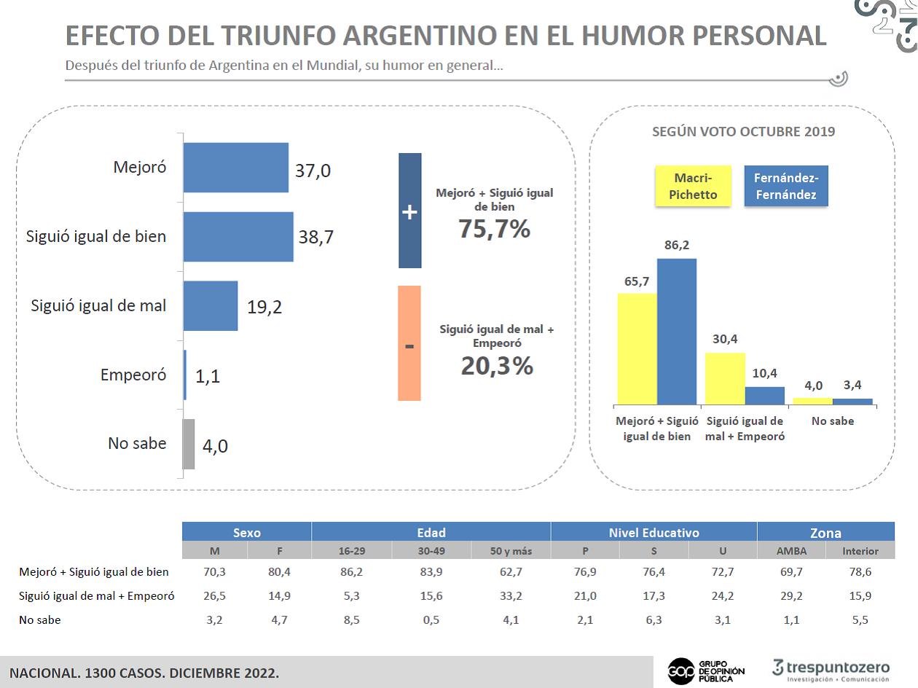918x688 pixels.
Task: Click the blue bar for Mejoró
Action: click(236, 168)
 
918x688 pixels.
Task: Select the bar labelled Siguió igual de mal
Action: click(211, 305)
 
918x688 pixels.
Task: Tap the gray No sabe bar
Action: click(189, 444)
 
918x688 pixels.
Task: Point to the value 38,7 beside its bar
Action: click(315, 237)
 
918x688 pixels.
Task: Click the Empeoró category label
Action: click(133, 375)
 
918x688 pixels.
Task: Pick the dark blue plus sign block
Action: click(410, 211)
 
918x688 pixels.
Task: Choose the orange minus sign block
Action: click(409, 343)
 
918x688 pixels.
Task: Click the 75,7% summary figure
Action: click(495, 229)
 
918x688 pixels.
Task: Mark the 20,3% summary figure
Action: click(497, 366)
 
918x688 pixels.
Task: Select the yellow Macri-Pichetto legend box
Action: click(693, 186)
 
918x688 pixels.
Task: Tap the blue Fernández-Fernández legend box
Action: click(786, 186)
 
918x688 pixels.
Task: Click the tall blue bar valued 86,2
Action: click(677, 332)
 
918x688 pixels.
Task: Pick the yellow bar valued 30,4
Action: click(725, 379)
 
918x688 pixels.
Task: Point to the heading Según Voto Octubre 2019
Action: click(743, 132)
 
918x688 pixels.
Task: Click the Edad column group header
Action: click(431, 532)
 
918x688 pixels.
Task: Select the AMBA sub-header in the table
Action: click(791, 551)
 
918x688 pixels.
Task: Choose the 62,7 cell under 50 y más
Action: click(511, 571)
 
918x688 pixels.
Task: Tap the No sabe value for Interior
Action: click(860, 619)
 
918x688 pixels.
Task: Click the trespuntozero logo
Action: click(831, 671)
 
